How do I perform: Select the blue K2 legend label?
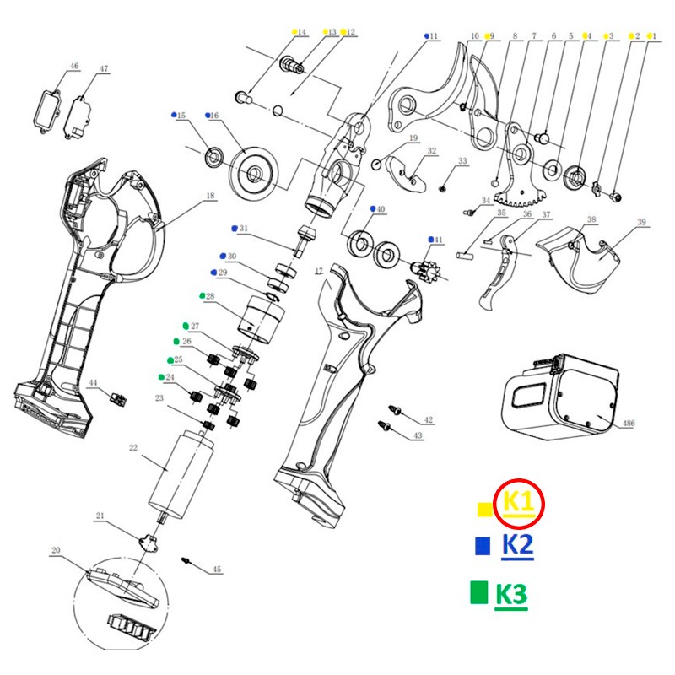tap(517, 546)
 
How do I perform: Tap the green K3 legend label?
tap(510, 595)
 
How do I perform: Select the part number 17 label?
tap(319, 270)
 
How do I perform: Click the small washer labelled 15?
tap(213, 154)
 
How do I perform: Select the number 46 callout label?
tap(74, 66)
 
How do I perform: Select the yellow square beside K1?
tap(483, 508)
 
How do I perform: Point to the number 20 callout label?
tap(57, 551)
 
